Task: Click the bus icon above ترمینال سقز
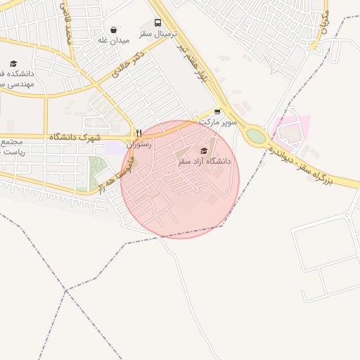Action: (x=157, y=22)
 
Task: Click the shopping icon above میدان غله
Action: (x=114, y=30)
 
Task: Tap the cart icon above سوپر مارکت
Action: (x=217, y=111)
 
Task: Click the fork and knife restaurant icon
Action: (x=139, y=133)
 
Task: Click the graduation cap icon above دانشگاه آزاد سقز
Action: (x=204, y=150)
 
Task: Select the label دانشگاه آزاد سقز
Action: (x=204, y=162)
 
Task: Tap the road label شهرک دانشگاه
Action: (x=76, y=135)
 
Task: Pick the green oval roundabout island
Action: (x=256, y=136)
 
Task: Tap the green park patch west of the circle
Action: (x=96, y=174)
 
